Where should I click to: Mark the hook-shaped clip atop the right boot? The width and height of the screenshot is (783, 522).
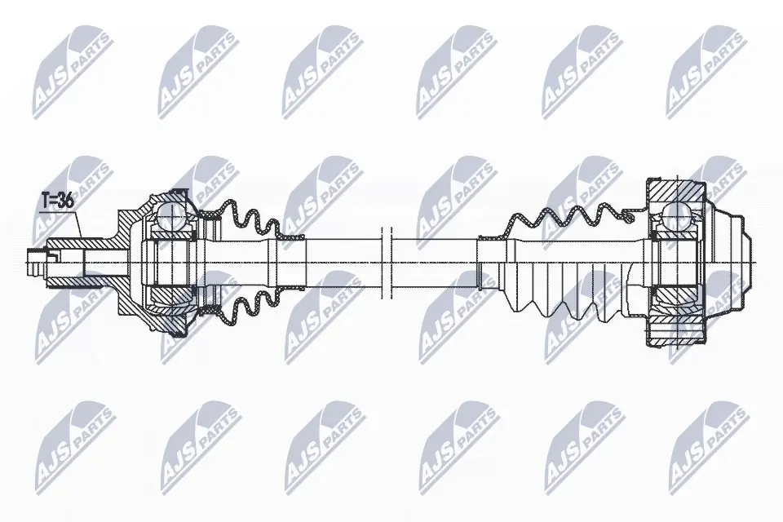(628, 215)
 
